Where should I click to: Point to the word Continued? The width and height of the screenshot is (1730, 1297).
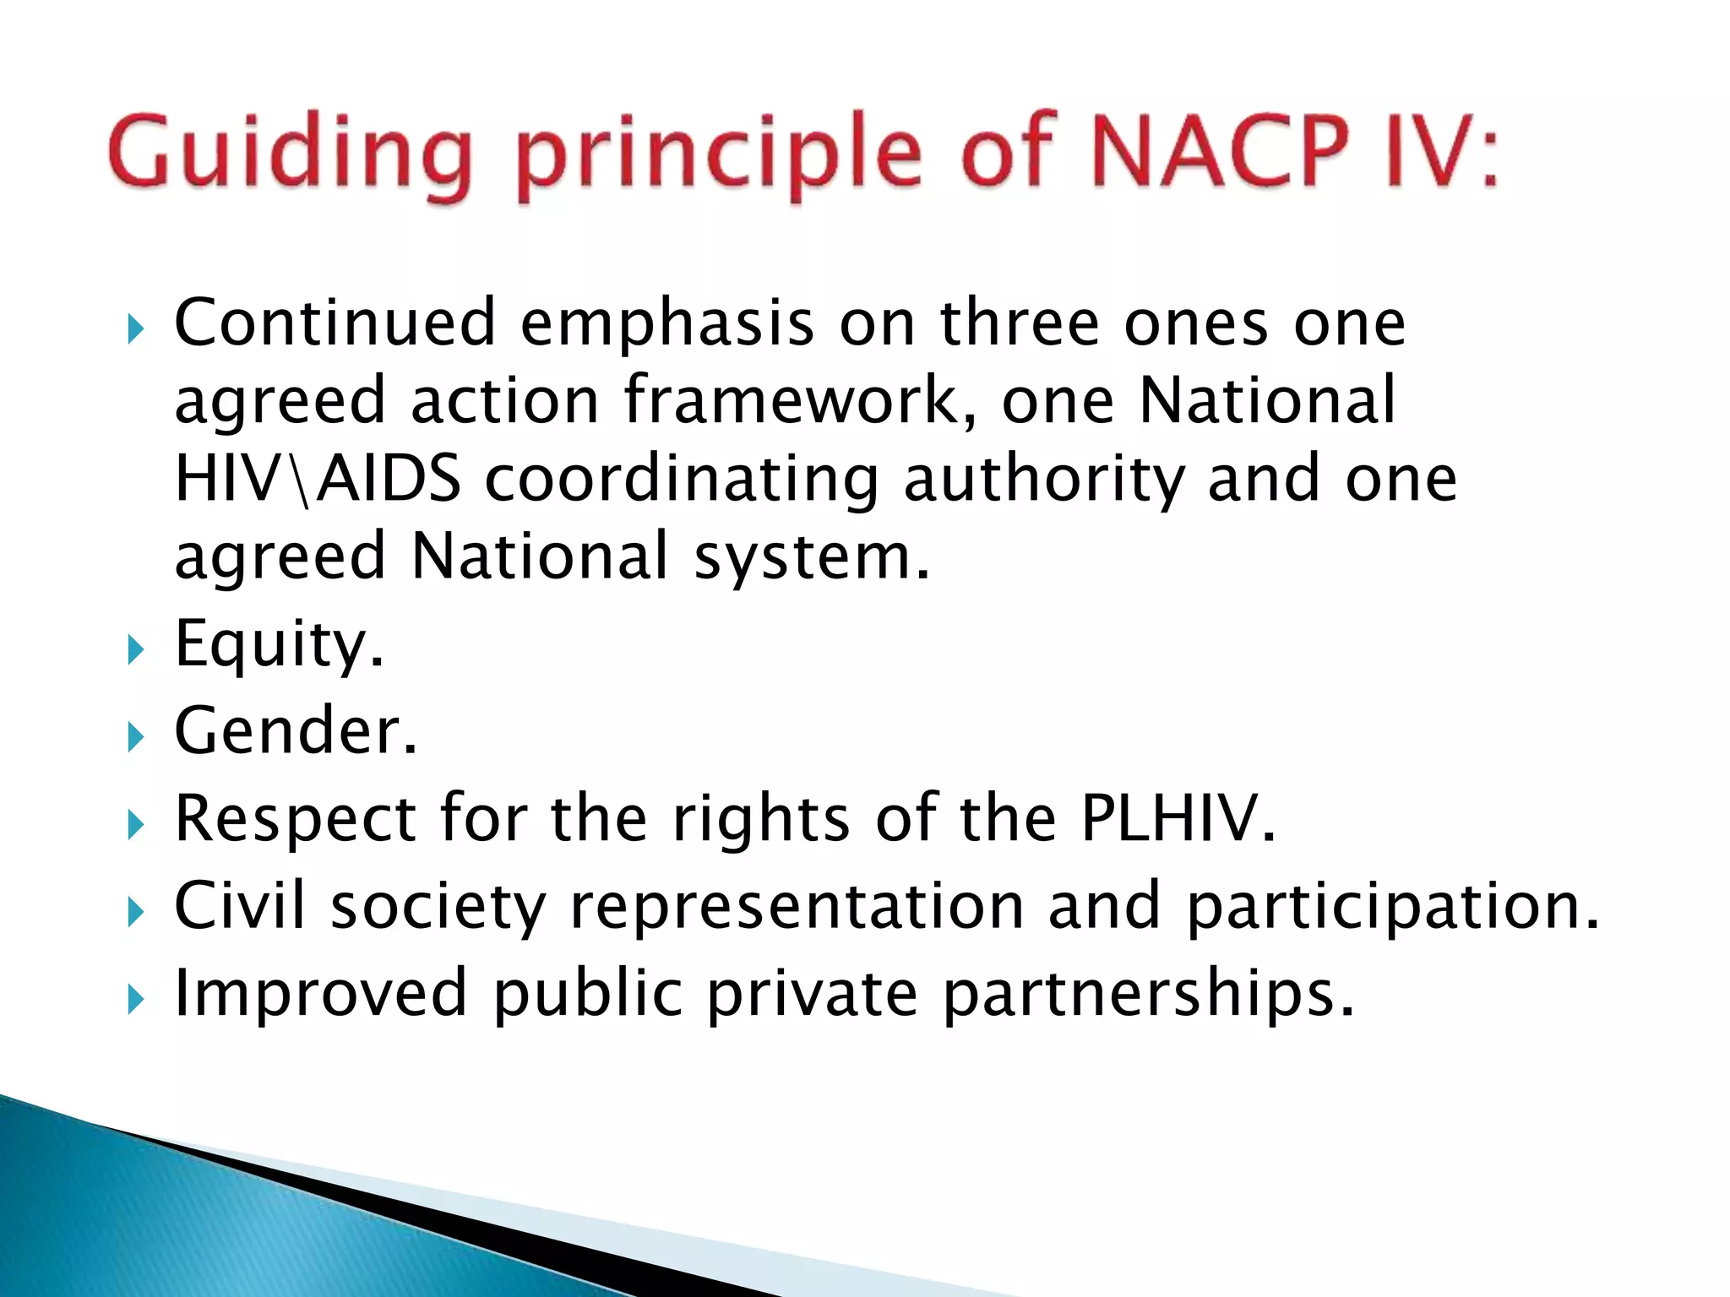[x=335, y=323]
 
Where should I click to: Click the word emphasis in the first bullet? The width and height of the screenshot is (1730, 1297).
[x=667, y=324]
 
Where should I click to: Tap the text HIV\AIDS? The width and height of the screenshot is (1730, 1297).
[x=318, y=479]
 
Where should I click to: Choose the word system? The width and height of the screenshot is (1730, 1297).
[x=811, y=557]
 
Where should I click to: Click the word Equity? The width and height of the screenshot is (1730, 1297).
[x=279, y=645]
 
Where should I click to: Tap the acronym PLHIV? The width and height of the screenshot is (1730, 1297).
[x=1178, y=818]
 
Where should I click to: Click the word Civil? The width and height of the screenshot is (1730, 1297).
[x=239, y=905]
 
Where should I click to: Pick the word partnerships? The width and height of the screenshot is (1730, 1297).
[x=1149, y=994]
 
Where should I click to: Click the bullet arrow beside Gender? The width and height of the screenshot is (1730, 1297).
[x=135, y=738]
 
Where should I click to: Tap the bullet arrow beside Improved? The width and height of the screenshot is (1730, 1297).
[x=135, y=1001]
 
